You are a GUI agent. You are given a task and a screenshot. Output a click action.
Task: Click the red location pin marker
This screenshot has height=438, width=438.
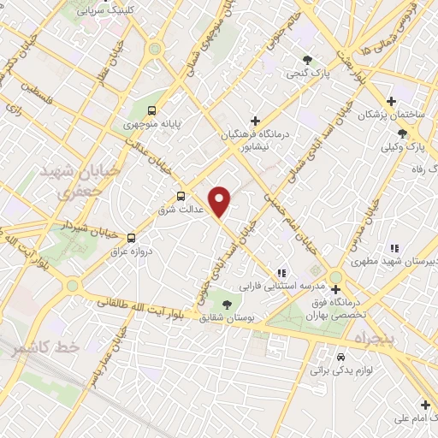[221, 202]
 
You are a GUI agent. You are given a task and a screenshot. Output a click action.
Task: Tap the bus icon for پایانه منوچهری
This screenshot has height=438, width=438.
[152, 109]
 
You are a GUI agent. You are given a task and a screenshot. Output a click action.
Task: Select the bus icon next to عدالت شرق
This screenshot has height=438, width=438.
[181, 194]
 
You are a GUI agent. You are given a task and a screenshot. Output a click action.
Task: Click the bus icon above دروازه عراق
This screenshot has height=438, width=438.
[131, 238]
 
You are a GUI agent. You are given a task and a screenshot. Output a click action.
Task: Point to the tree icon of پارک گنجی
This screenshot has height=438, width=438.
[307, 59]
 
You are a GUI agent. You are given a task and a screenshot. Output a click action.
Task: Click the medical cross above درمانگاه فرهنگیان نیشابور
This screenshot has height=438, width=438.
[254, 121]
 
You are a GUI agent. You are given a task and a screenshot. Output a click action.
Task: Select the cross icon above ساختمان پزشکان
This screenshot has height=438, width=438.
[392, 100]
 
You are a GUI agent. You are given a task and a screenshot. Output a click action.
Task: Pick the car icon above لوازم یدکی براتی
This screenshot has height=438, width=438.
[340, 356]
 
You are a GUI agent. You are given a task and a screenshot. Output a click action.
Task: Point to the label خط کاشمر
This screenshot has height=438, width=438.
[52, 347]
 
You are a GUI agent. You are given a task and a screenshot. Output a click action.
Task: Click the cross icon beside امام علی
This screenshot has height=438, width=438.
[425, 404]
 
